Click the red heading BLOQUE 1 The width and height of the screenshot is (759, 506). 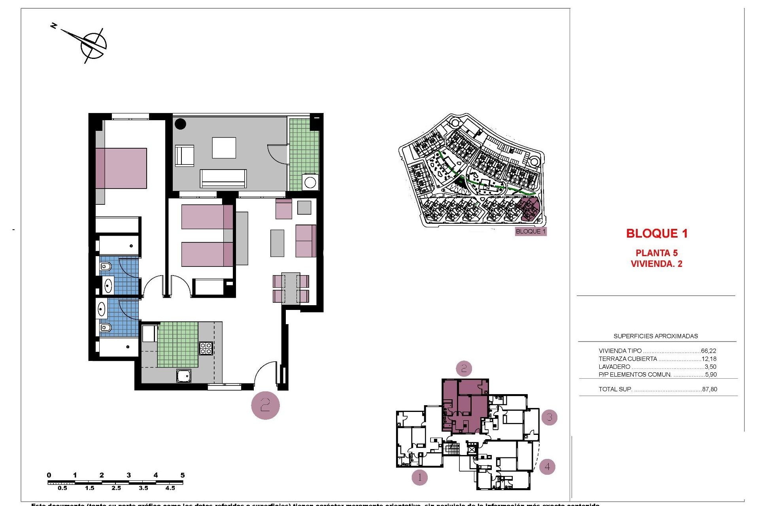pyautogui.click(x=657, y=234)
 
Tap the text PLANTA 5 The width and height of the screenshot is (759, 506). pyautogui.click(x=656, y=253)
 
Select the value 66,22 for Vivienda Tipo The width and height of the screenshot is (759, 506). pyautogui.click(x=708, y=351)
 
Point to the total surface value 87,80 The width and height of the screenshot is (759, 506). pyautogui.click(x=710, y=389)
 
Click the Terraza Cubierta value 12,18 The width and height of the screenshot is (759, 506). pyautogui.click(x=709, y=359)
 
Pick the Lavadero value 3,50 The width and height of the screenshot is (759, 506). pyautogui.click(x=710, y=367)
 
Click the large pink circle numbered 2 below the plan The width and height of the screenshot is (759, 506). pyautogui.click(x=265, y=405)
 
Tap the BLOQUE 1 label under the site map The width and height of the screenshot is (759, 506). pyautogui.click(x=531, y=231)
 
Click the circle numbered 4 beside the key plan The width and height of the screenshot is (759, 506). pyautogui.click(x=547, y=466)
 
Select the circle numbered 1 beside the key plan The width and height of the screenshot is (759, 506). pyautogui.click(x=419, y=478)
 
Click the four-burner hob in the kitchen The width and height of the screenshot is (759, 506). pyautogui.click(x=206, y=348)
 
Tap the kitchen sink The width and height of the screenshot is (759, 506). pyautogui.click(x=184, y=376)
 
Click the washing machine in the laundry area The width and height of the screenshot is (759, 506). pyautogui.click(x=310, y=183)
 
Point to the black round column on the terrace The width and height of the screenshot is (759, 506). pyautogui.click(x=180, y=124)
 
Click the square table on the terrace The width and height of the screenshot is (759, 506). pyautogui.click(x=224, y=148)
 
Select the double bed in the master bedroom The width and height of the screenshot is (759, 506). pyautogui.click(x=121, y=168)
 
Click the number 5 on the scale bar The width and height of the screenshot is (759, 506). pyautogui.click(x=182, y=475)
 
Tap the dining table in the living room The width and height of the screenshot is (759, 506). pyautogui.click(x=291, y=288)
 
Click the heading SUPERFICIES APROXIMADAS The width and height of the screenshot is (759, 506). pyautogui.click(x=655, y=336)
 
